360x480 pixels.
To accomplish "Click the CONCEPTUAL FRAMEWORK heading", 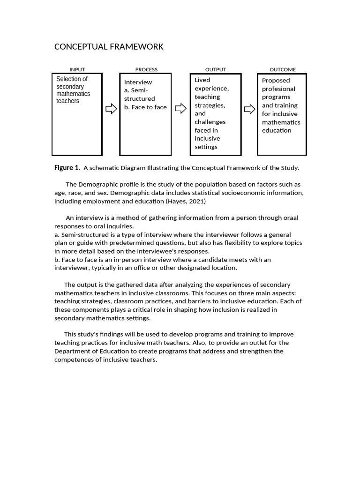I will click(x=109, y=46).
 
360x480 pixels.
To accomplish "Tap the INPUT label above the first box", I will click(x=77, y=69).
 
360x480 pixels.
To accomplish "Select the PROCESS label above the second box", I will click(x=146, y=69).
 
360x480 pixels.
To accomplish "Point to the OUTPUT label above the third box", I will click(x=216, y=69).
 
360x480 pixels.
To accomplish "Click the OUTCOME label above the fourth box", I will click(x=283, y=69).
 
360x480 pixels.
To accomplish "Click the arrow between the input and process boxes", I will click(x=111, y=109).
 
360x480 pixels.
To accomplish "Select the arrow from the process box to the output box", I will click(x=180, y=109).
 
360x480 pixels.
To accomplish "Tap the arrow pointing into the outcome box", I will click(x=250, y=109).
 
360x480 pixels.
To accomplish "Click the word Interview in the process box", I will click(x=138, y=82).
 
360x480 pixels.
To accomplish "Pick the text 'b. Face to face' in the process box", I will click(x=145, y=107).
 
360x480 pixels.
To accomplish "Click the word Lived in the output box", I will click(x=202, y=80).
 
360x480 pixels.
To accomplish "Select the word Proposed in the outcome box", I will click(x=276, y=81).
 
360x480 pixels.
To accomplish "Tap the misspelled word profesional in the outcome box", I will click(x=278, y=89).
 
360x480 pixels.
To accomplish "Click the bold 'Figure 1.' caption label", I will click(x=67, y=168).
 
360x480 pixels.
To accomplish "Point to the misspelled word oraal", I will click(x=290, y=217).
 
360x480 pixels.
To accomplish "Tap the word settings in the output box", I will click(x=206, y=147).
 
